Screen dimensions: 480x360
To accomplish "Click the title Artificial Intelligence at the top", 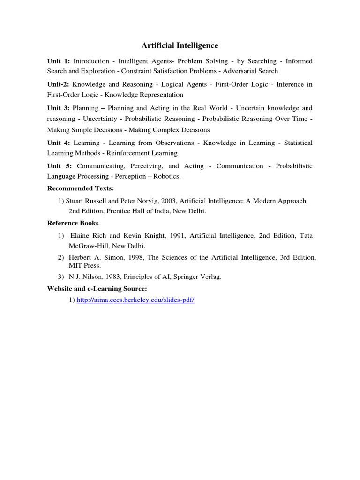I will [x=180, y=45].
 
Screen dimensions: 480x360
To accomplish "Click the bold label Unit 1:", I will [x=59, y=61].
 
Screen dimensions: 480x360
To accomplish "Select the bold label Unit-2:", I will [x=59, y=84].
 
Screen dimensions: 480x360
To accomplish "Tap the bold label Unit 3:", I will [x=59, y=108].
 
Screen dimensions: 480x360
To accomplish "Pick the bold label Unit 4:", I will [x=59, y=142].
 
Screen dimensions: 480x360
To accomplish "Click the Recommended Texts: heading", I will [x=81, y=188].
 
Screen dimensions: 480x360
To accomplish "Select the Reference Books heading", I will [x=73, y=223].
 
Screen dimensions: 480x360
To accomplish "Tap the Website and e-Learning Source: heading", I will [x=97, y=289].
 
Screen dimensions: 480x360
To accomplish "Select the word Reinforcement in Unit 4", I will [x=128, y=153].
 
